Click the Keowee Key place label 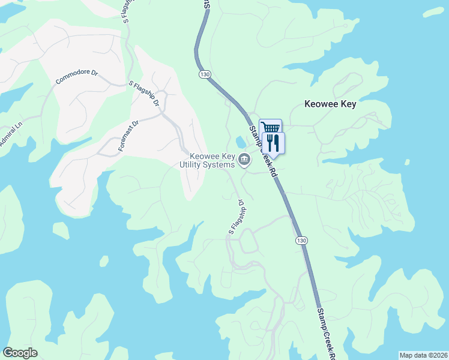pos(330,104)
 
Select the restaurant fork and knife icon pos(274,142)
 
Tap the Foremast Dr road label pos(128,135)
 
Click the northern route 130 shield pos(205,74)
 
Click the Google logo pos(20,353)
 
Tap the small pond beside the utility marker pos(241,142)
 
